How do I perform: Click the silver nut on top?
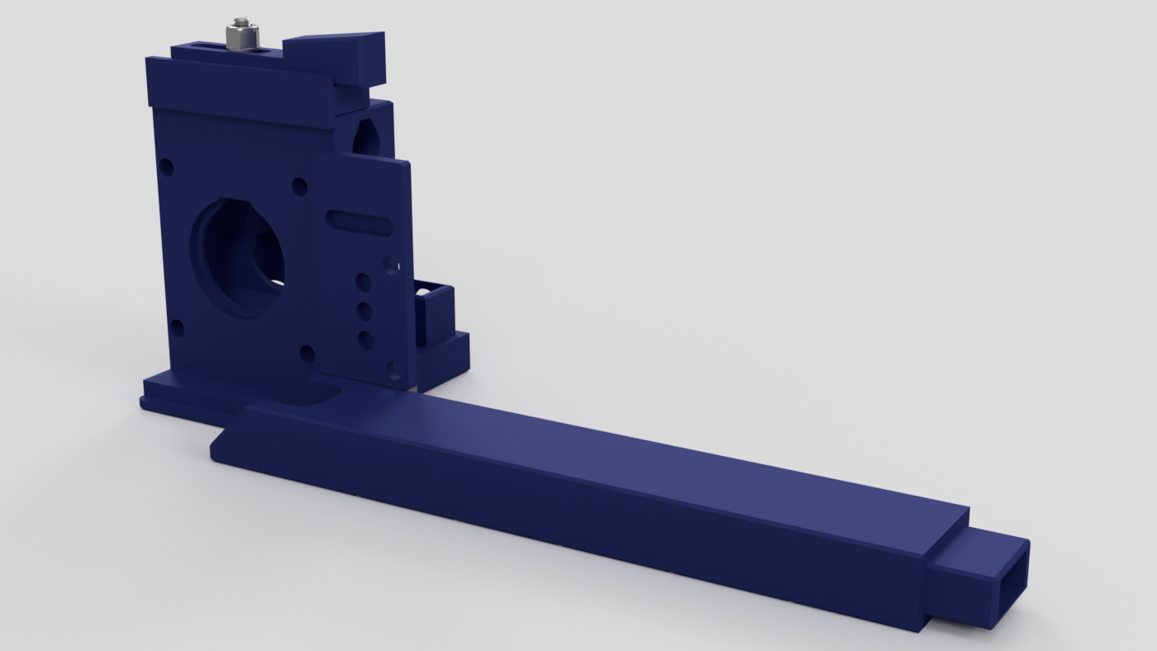pos(242,36)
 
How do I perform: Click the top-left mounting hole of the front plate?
pos(166,168)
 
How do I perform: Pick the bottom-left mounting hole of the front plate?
pos(176,328)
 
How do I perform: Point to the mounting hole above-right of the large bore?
pos(299,187)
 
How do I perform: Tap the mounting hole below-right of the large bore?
pos(307,354)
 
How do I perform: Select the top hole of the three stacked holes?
pos(363,283)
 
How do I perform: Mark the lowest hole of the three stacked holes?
pos(365,339)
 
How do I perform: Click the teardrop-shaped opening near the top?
pos(364,137)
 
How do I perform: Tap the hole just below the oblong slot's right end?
pos(391,264)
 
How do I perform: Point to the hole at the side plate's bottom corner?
pos(394,368)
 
